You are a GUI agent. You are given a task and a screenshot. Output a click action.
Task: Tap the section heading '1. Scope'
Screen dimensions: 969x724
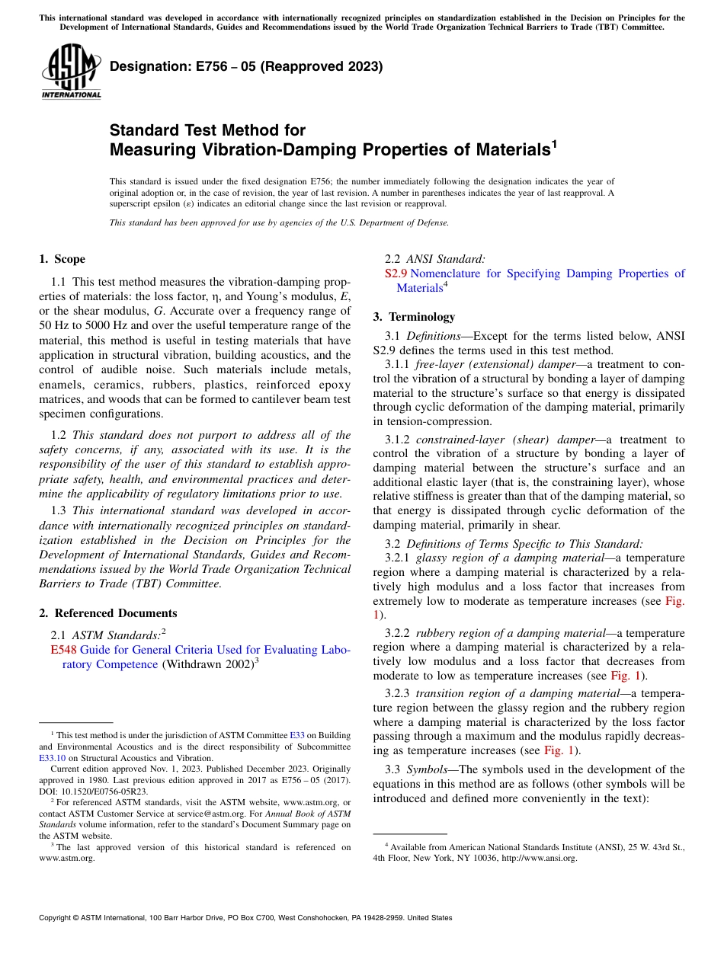[x=62, y=259]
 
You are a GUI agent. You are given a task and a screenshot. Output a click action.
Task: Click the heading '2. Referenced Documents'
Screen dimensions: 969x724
[x=107, y=613]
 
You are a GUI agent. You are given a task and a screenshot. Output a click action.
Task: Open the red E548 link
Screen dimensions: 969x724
[x=63, y=650]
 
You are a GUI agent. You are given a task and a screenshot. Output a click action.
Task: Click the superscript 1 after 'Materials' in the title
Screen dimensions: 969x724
[x=554, y=142]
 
